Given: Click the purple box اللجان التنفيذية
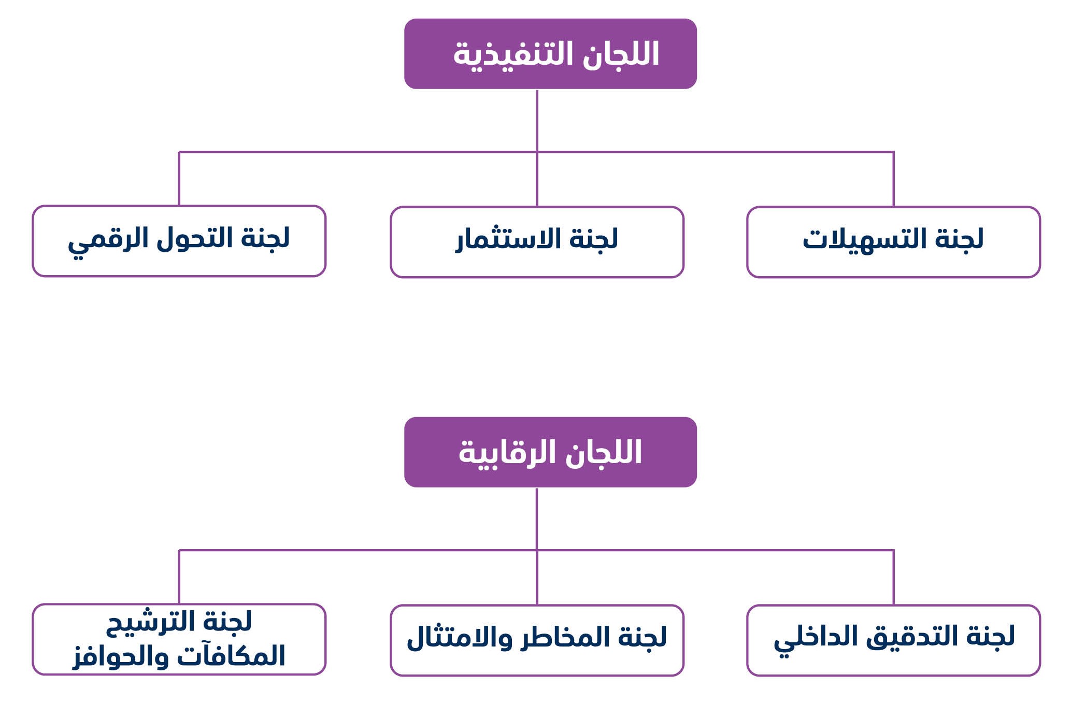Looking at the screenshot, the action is click(550, 54).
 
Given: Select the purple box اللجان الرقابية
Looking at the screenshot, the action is click(550, 452).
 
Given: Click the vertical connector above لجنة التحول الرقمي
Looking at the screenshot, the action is click(179, 179).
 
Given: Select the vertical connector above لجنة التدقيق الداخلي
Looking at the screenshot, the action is click(894, 577).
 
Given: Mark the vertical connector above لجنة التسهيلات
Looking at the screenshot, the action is click(894, 179).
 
